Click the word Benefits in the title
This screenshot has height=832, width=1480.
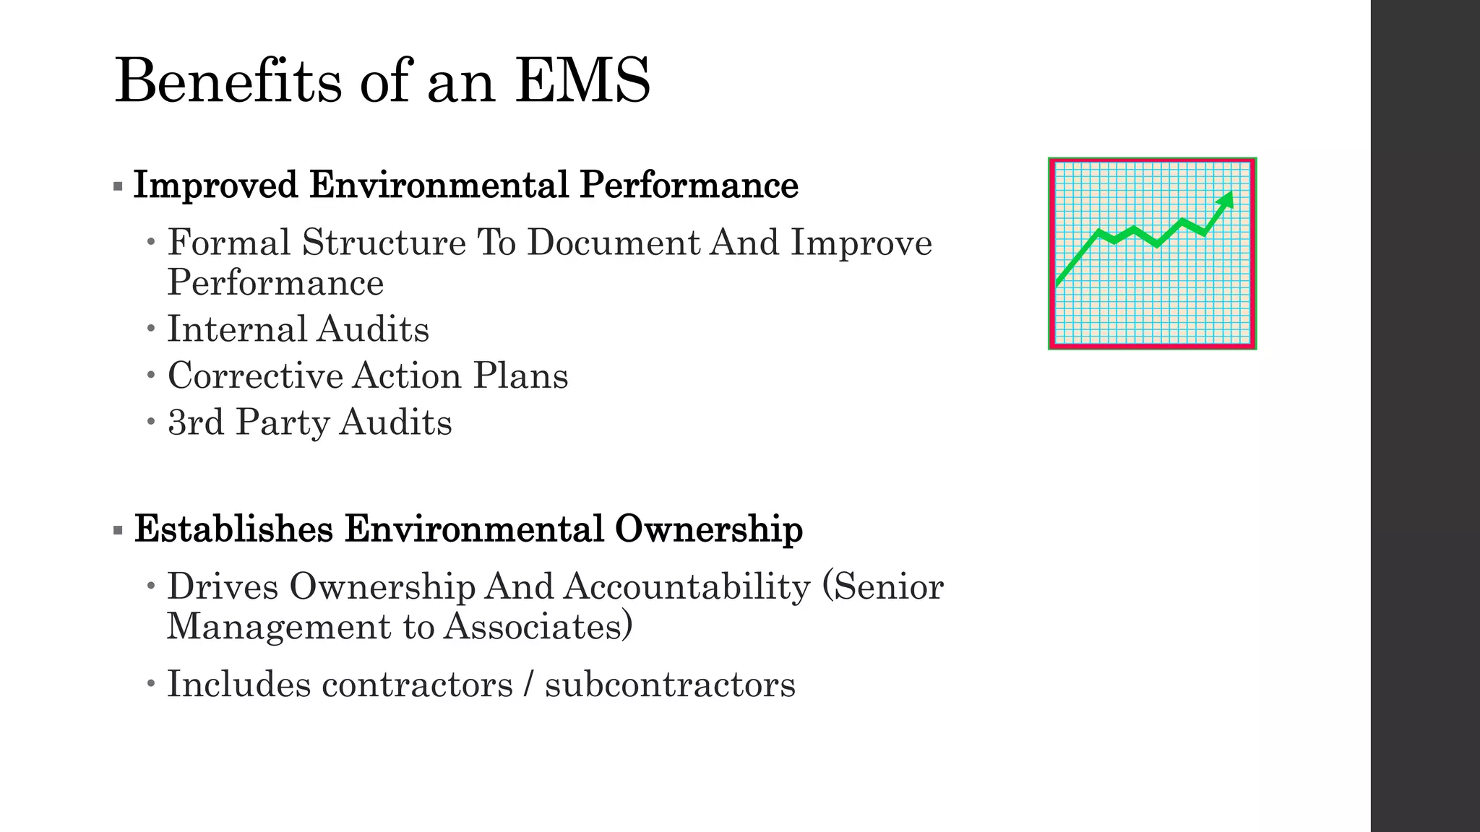228,81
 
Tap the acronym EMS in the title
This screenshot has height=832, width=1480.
582,81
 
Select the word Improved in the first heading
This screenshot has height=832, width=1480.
215,186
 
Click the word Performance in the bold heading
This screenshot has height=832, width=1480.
689,186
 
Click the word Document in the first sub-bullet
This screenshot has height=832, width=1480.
614,243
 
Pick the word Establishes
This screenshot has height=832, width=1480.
233,529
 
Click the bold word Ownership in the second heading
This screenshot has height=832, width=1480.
709,529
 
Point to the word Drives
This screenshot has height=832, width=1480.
223,586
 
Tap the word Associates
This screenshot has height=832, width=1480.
538,626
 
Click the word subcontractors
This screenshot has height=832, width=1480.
670,685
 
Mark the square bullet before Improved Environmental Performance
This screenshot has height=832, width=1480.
119,186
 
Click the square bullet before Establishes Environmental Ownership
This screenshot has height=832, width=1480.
119,530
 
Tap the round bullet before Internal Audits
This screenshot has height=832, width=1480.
150,329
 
